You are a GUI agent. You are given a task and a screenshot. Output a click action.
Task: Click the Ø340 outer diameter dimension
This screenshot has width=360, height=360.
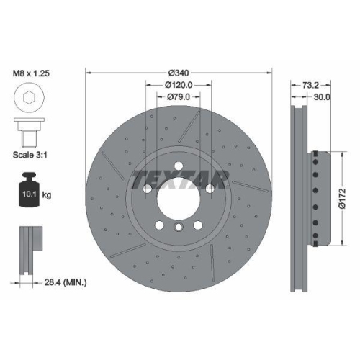179,73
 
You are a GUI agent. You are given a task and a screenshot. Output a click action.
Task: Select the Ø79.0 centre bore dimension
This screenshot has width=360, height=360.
179,96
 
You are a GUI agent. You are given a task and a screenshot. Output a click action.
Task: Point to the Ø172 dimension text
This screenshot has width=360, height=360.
343,199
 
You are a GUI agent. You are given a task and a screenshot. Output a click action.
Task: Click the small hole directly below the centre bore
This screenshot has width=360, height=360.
179,228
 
